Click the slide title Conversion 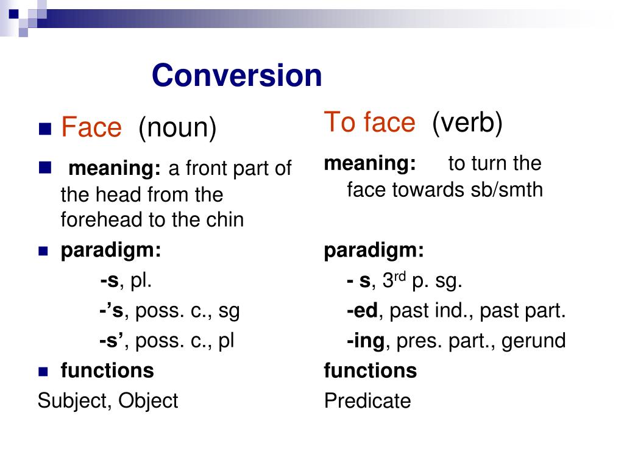point(236,76)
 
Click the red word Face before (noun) point(91,128)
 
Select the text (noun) point(177,128)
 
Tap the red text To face point(369,122)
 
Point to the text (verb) point(467,123)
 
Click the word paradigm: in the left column point(111,250)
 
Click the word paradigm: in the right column point(374,250)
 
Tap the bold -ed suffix point(363,311)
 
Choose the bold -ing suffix point(366,341)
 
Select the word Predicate point(367,401)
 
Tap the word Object point(148,401)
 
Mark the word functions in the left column point(107,370)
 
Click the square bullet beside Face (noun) point(44,129)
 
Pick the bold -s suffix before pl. point(109,281)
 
